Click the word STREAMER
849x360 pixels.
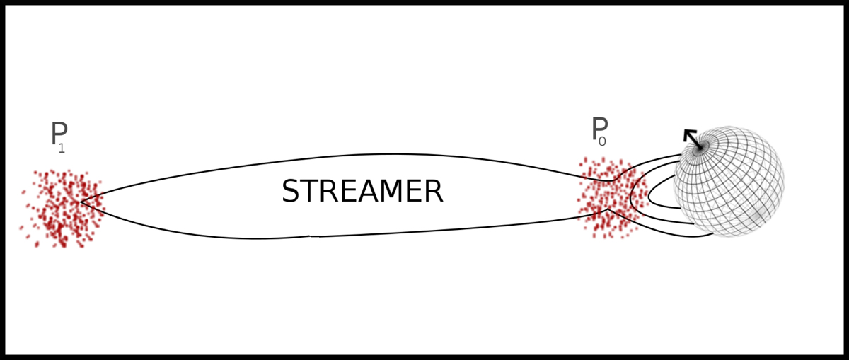click(362, 192)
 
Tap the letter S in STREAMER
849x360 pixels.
click(291, 192)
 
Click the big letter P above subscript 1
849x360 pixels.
click(59, 134)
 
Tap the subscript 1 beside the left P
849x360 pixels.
click(62, 149)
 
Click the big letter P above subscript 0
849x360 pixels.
click(599, 129)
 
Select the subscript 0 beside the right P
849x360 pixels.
click(602, 142)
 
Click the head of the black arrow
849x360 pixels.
click(688, 134)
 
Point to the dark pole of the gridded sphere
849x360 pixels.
click(700, 148)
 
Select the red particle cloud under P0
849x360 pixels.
click(610, 198)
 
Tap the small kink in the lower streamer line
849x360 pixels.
click(315, 236)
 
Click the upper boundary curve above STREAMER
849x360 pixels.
click(396, 154)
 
